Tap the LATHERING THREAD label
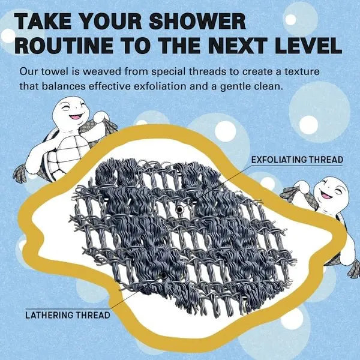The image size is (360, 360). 67,314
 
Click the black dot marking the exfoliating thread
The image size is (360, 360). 180,209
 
